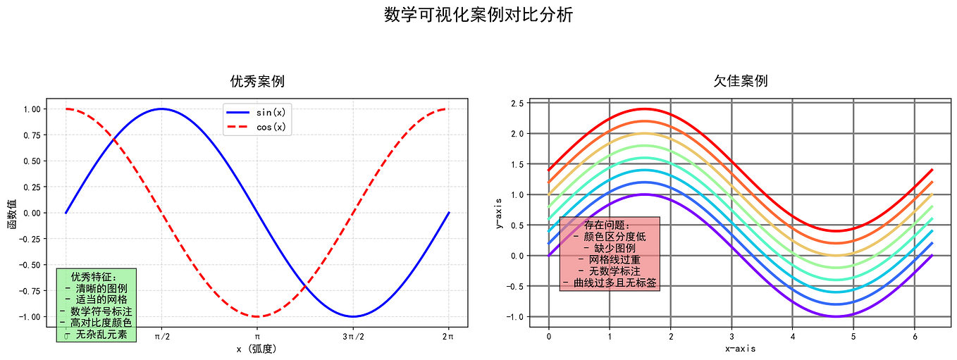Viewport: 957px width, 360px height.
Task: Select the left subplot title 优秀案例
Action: [x=257, y=81]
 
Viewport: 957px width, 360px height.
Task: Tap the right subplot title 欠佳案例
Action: [x=741, y=81]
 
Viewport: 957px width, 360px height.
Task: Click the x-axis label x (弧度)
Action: [x=257, y=349]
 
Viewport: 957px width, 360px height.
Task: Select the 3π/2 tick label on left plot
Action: [x=353, y=337]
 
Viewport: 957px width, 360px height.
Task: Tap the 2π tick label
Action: [x=449, y=337]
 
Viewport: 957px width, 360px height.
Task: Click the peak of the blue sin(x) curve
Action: [x=161, y=108]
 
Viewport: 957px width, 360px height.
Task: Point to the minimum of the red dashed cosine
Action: [x=257, y=316]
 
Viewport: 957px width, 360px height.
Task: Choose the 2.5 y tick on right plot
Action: [x=517, y=103]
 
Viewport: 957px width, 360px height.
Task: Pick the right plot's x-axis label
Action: [x=741, y=348]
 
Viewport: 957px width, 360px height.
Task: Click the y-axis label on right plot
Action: [x=500, y=213]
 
